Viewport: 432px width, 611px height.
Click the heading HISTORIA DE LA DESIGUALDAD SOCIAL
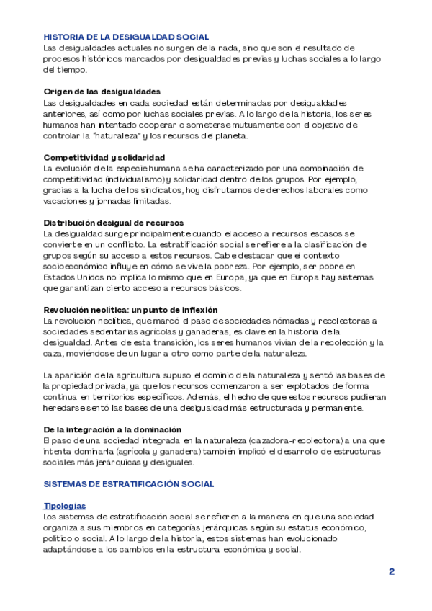[x=126, y=37]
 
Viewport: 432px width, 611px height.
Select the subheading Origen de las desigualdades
[x=102, y=92]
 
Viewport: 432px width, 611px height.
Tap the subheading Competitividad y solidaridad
[x=104, y=157]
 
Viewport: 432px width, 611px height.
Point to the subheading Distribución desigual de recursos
[x=114, y=223]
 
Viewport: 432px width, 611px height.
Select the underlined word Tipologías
[x=65, y=507]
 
